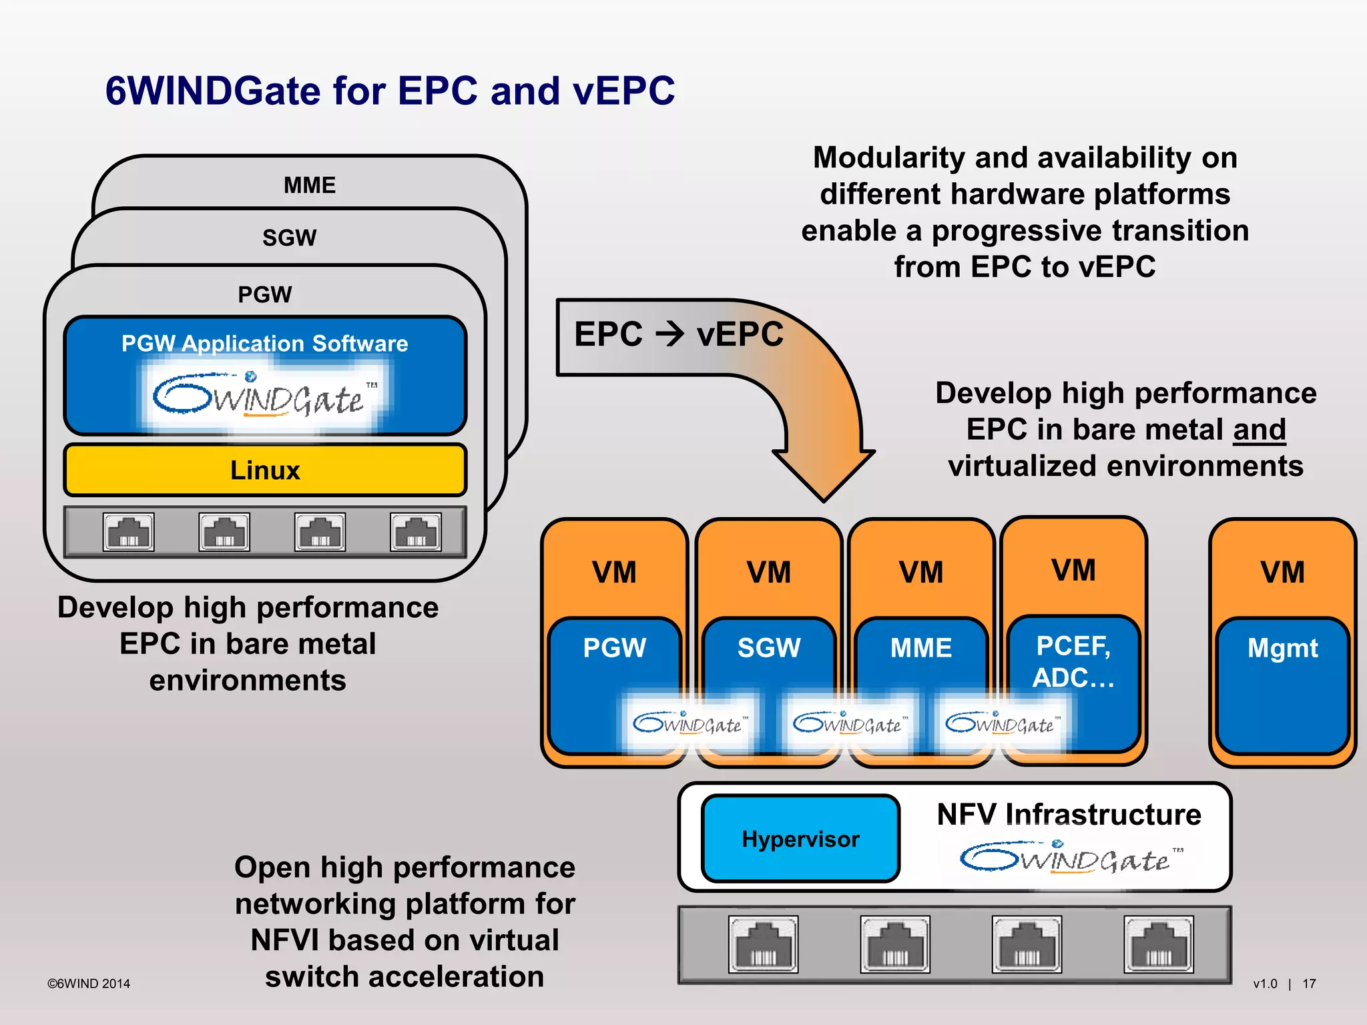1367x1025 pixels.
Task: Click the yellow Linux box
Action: pyautogui.click(x=265, y=470)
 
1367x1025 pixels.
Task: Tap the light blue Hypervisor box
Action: pyautogui.click(x=800, y=839)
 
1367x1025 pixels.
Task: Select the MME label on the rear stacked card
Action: pyautogui.click(x=310, y=185)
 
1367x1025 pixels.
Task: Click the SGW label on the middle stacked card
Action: pyautogui.click(x=289, y=238)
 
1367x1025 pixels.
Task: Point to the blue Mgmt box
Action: pyautogui.click(x=1282, y=687)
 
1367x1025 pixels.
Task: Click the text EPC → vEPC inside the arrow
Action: pyautogui.click(x=679, y=334)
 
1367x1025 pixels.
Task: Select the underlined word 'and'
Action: pyautogui.click(x=1259, y=430)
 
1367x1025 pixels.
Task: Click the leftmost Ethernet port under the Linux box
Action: pyautogui.click(x=129, y=533)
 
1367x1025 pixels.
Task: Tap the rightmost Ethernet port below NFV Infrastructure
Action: pyautogui.click(x=1158, y=944)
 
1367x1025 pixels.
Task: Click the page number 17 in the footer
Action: pyautogui.click(x=1309, y=984)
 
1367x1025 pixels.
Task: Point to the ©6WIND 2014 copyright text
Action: pyautogui.click(x=89, y=984)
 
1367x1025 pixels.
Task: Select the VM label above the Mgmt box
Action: pyautogui.click(x=1282, y=573)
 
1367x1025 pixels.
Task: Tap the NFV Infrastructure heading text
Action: pyautogui.click(x=1069, y=815)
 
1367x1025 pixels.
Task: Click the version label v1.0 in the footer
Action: pyautogui.click(x=1265, y=984)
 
